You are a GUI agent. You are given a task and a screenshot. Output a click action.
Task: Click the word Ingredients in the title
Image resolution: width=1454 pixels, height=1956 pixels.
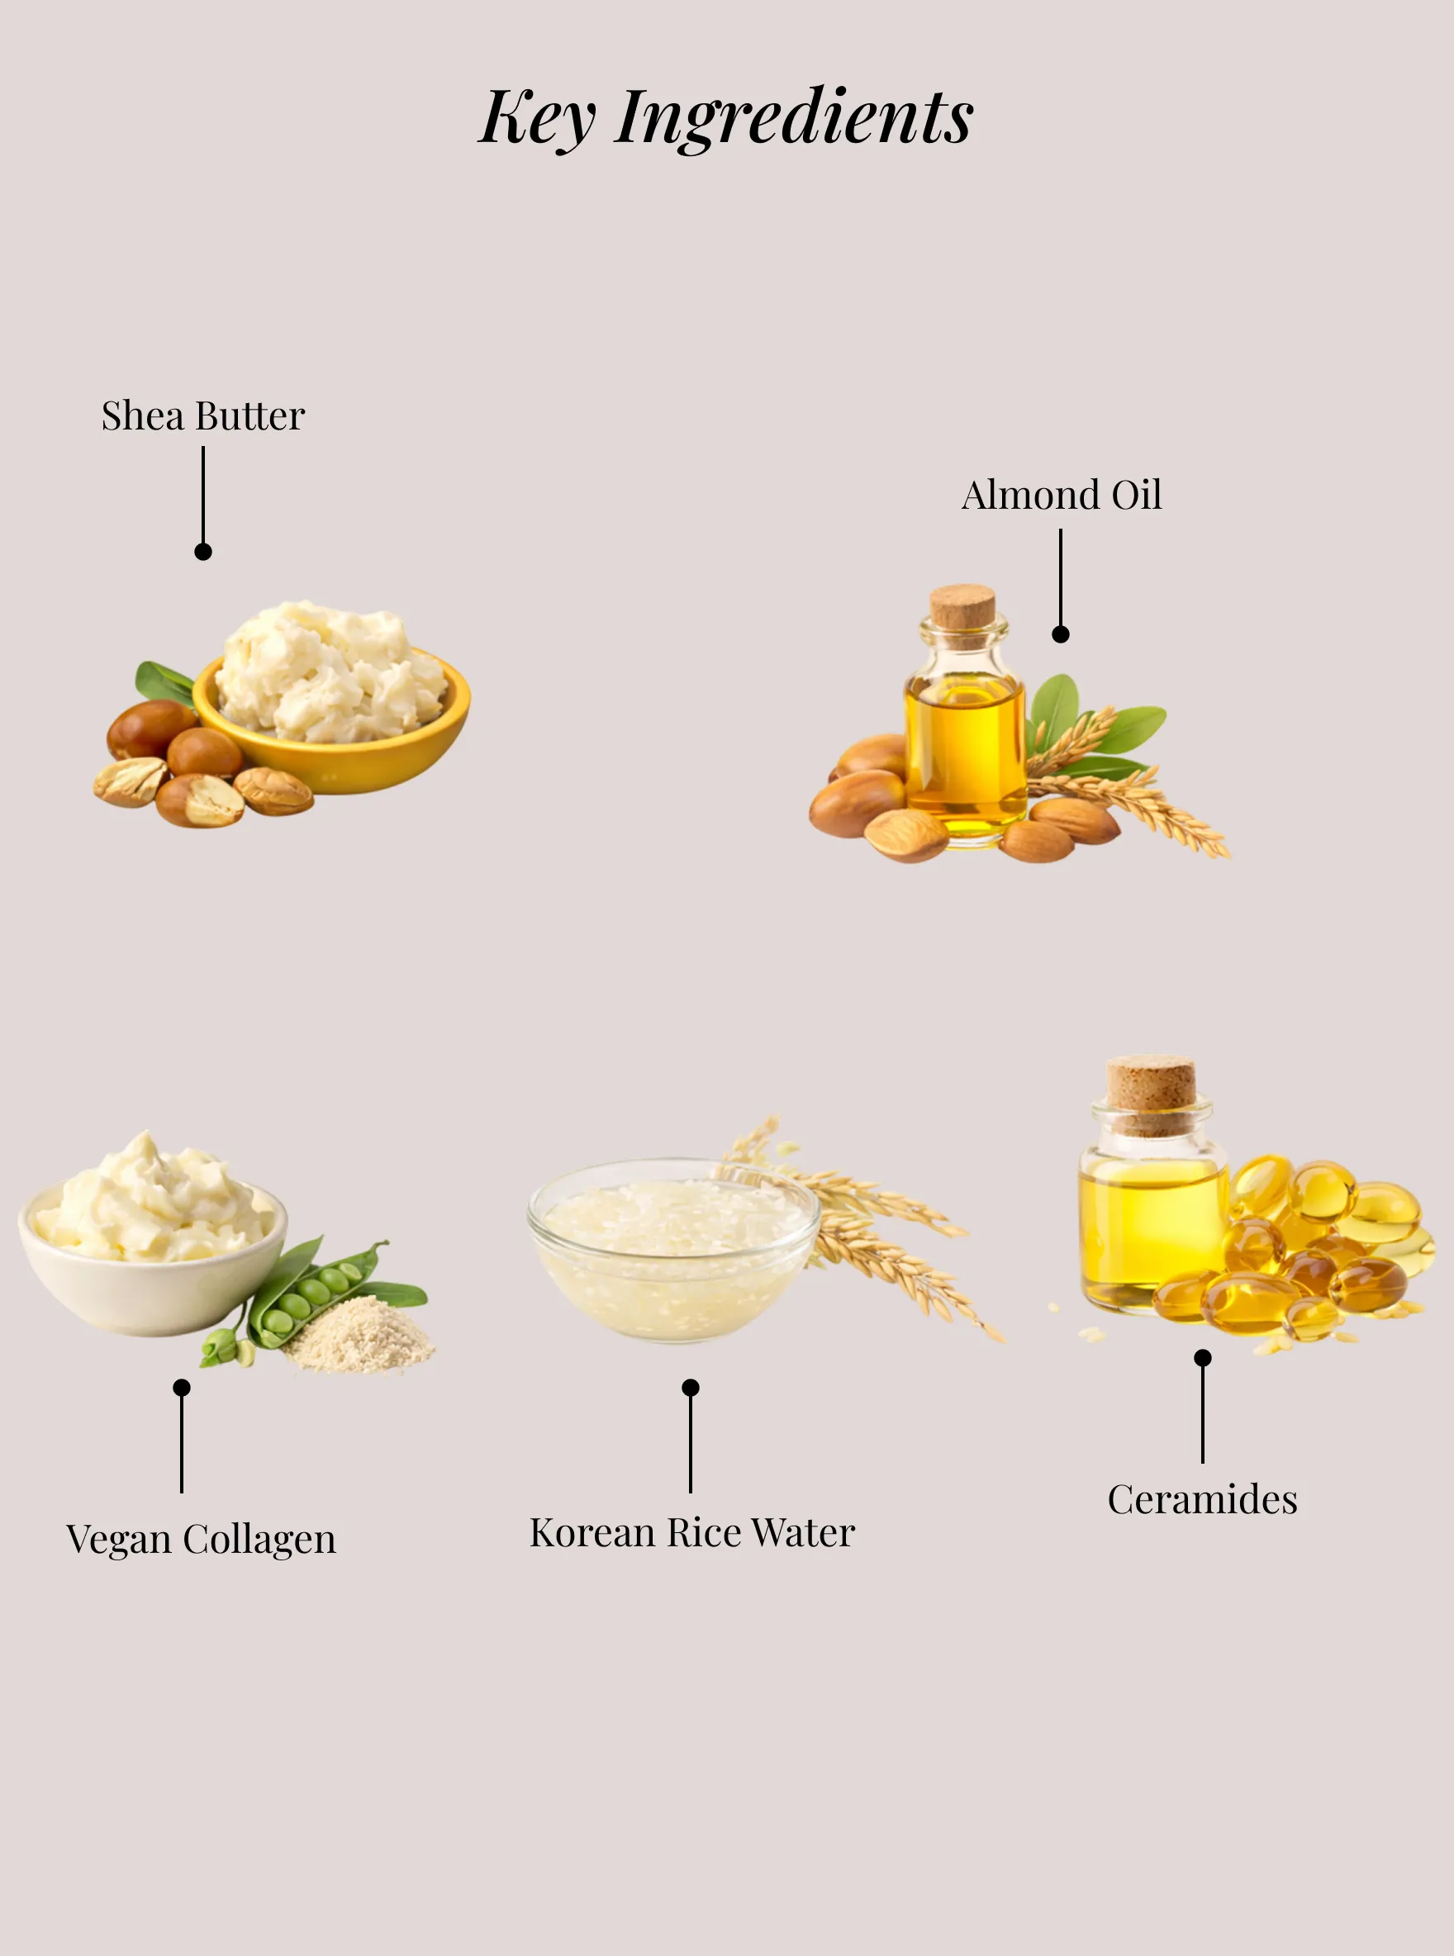click(x=794, y=118)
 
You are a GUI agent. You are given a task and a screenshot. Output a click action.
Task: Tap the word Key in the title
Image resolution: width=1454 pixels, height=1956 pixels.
click(x=538, y=118)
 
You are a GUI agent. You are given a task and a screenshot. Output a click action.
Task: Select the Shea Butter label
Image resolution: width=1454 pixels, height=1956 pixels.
click(x=202, y=415)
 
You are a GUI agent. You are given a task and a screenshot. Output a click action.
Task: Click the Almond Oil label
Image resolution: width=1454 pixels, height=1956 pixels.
click(x=1062, y=495)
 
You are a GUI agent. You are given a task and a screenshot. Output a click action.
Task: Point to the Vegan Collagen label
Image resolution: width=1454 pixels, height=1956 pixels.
click(x=202, y=1540)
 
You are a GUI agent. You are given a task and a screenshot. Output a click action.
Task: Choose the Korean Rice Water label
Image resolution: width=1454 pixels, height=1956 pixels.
click(x=691, y=1533)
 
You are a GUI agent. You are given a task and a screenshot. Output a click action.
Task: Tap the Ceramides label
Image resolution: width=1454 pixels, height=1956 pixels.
click(x=1202, y=1499)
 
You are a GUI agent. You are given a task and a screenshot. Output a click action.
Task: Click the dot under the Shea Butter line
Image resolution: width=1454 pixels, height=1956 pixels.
click(x=203, y=552)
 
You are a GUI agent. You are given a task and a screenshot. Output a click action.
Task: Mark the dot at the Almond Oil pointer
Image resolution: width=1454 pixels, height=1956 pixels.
click(x=1061, y=634)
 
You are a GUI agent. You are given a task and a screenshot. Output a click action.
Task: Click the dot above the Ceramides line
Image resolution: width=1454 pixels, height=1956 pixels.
click(x=1202, y=1358)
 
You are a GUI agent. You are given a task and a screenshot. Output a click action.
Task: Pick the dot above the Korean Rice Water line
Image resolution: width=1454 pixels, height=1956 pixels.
click(x=691, y=1388)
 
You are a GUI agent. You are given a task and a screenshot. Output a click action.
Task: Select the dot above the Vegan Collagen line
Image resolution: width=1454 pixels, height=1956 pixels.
click(x=181, y=1388)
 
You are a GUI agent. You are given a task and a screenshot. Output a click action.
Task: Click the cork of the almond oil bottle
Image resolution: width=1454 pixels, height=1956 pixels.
click(x=963, y=607)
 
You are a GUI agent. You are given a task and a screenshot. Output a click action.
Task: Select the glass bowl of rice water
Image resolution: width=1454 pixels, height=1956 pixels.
click(x=674, y=1251)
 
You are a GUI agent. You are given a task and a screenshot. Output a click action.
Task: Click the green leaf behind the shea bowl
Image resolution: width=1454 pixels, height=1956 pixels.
click(x=163, y=682)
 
